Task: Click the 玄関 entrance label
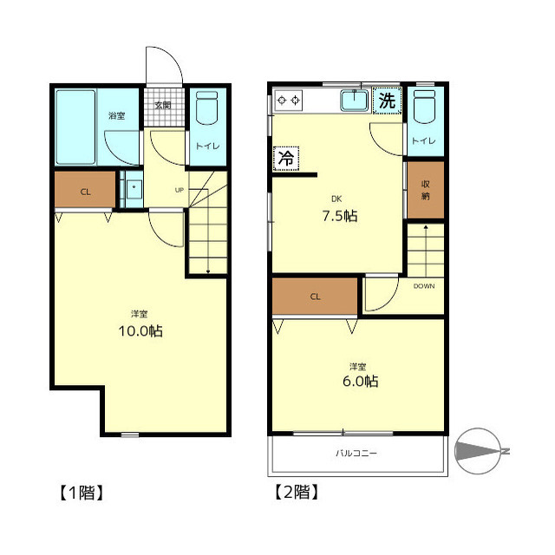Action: (163, 105)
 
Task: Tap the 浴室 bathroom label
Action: (117, 115)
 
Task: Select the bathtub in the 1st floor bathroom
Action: (75, 127)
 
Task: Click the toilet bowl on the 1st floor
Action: (206, 108)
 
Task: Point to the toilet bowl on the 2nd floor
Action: (424, 107)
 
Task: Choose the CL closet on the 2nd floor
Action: (315, 297)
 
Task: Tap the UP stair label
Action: (180, 190)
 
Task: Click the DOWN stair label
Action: (424, 286)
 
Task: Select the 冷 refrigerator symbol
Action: (286, 158)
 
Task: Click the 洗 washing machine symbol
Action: (387, 101)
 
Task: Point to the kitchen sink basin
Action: (354, 101)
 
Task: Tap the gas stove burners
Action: (289, 101)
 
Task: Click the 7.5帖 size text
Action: (340, 216)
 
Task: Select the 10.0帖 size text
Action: (140, 331)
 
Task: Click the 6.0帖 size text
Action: (361, 382)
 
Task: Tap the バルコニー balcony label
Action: (356, 453)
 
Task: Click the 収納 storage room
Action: (426, 190)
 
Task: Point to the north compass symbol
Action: (479, 451)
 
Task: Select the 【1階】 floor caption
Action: (82, 493)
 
